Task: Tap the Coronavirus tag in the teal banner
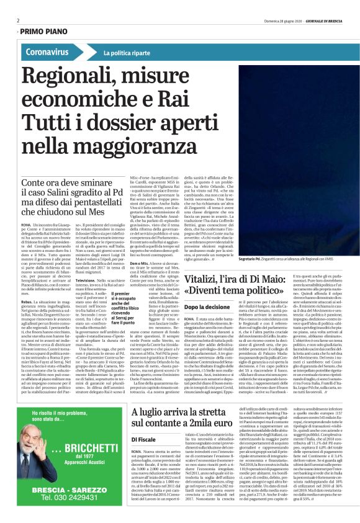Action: click(47, 52)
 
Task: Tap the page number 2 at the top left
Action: click(17, 20)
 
